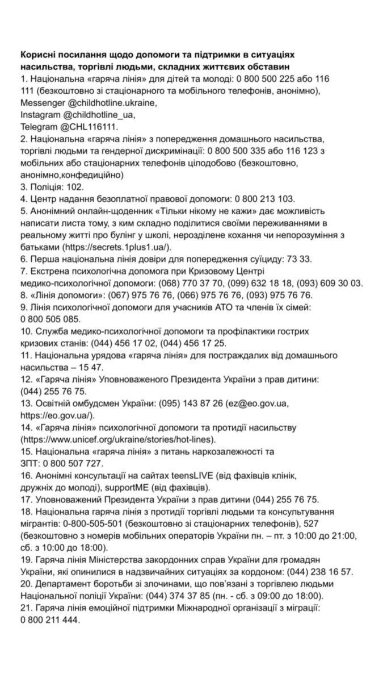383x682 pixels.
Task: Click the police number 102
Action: tap(75, 186)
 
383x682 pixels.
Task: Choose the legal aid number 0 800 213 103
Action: tap(262, 198)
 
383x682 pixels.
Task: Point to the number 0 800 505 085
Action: tap(50, 319)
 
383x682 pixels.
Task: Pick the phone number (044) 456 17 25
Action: tap(193, 343)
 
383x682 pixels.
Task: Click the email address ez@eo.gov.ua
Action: tap(268, 403)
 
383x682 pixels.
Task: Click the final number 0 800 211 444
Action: tap(50, 620)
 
